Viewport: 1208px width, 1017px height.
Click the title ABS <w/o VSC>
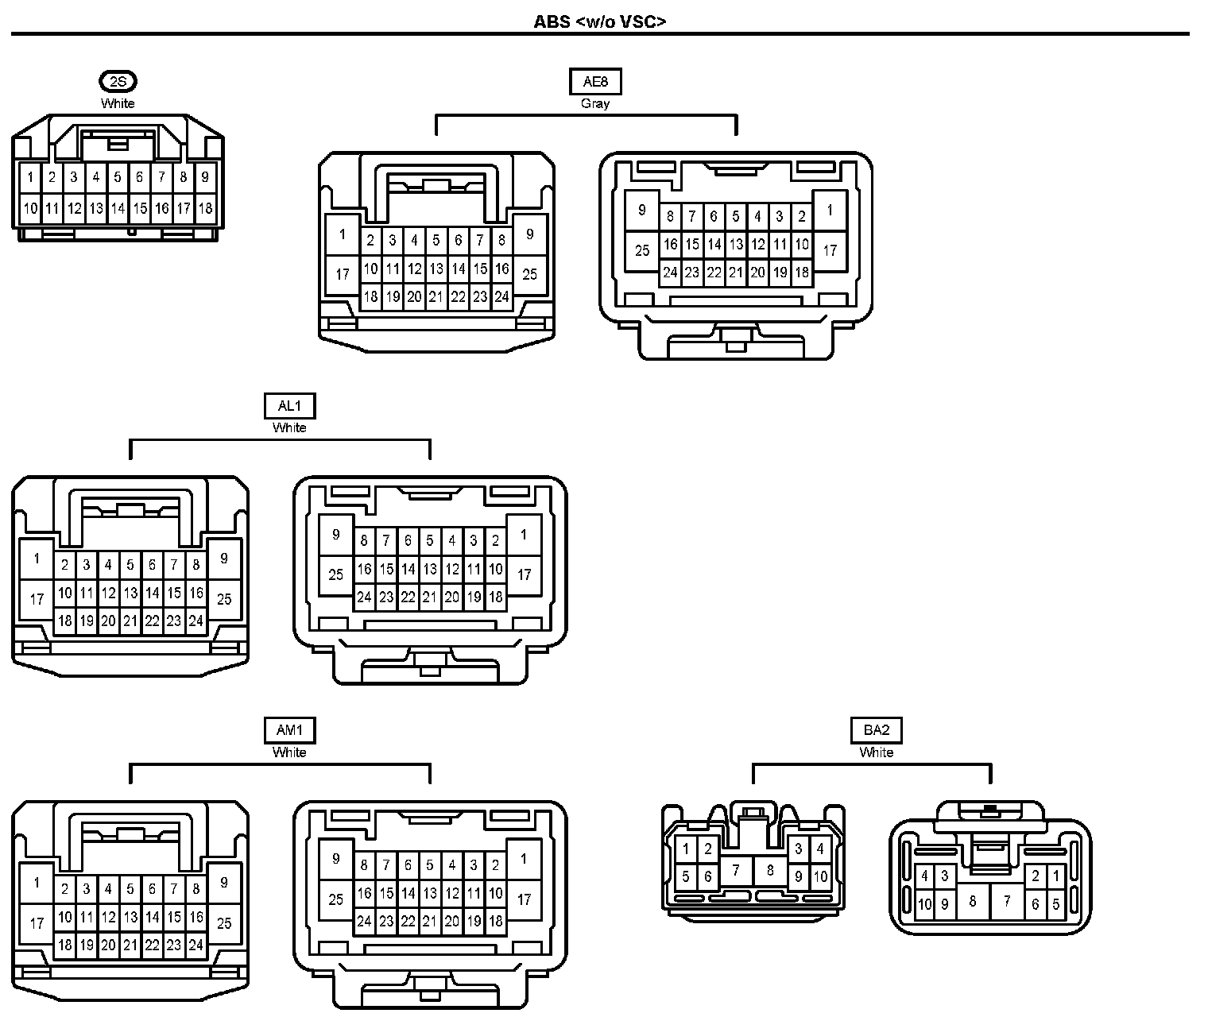[x=599, y=21]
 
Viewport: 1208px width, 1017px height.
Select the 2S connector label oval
[x=118, y=81]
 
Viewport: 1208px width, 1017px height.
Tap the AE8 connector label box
[x=595, y=81]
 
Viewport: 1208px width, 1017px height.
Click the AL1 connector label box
[x=289, y=406]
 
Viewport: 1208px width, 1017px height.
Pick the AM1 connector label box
[x=289, y=730]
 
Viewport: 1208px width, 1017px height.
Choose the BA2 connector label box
[x=876, y=730]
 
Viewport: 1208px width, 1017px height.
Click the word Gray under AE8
[x=595, y=103]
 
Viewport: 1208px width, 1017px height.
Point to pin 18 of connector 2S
[x=205, y=209]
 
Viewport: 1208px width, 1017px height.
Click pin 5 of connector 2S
[x=118, y=177]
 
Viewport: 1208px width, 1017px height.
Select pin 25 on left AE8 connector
[x=530, y=274]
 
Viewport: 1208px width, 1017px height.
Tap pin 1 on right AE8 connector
[x=830, y=211]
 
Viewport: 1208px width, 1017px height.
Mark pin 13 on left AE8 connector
[x=436, y=269]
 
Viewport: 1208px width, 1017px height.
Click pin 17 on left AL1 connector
[x=37, y=599]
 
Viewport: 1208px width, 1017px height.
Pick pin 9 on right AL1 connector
[x=336, y=535]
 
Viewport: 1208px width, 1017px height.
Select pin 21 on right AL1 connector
[x=430, y=597]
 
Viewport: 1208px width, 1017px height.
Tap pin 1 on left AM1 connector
[x=37, y=883]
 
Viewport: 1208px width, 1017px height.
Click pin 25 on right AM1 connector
[x=336, y=899]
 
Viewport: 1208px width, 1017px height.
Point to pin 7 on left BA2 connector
[x=736, y=870]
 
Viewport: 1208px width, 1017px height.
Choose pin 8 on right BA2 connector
[x=972, y=902]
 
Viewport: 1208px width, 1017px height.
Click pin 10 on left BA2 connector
[x=821, y=877]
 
